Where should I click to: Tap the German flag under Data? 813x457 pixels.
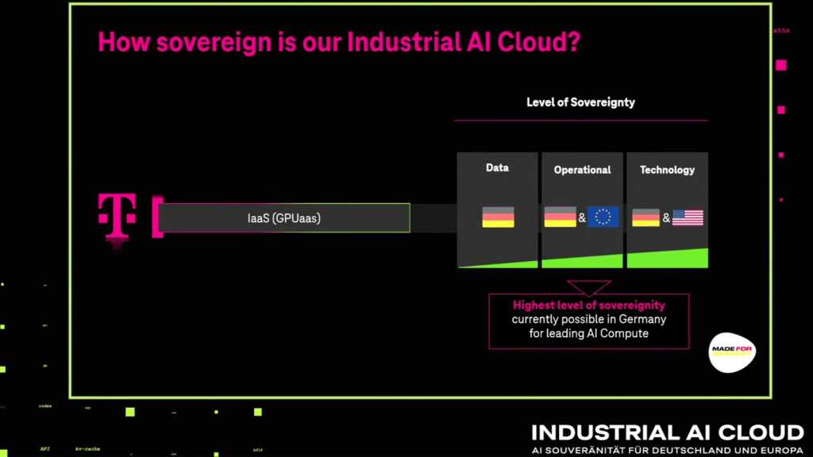click(x=498, y=217)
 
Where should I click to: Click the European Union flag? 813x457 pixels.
click(x=603, y=217)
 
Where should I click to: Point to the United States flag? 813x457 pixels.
click(x=688, y=217)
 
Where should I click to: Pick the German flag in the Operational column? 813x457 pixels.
click(x=560, y=217)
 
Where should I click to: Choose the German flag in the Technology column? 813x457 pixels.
click(x=645, y=217)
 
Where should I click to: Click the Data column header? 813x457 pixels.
click(x=497, y=168)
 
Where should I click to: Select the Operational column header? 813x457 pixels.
click(x=582, y=170)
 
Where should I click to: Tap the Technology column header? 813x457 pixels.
click(x=667, y=170)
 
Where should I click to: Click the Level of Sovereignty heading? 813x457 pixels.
click(x=580, y=102)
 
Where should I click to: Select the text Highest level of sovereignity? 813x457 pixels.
click(x=589, y=305)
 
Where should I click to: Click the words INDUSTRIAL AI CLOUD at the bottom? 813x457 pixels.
click(x=667, y=432)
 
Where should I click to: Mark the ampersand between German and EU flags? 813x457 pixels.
click(x=582, y=217)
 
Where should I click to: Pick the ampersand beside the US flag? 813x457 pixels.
click(x=666, y=217)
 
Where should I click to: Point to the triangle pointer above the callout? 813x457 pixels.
click(x=588, y=286)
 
